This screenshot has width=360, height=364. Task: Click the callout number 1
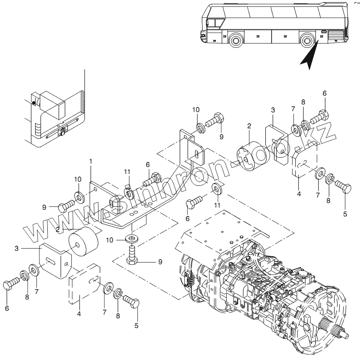pos(91,161)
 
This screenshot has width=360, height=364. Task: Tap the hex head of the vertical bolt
pos(133,261)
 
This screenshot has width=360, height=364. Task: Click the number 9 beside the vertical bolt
pos(160,262)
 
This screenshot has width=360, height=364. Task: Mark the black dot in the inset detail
pos(33,102)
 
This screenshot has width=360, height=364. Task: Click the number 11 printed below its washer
pos(218,205)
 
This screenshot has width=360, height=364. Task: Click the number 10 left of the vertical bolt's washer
pos(109,240)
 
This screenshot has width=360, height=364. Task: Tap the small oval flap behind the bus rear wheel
pos(324,32)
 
